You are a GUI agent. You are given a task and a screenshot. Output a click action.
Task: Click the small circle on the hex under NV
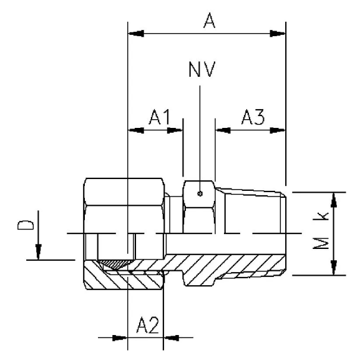click(x=199, y=194)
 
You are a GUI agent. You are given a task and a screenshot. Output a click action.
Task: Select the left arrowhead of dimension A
click(x=134, y=32)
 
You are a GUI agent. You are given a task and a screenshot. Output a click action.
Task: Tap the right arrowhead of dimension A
click(x=278, y=32)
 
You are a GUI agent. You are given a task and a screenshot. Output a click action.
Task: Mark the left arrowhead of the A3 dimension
click(x=223, y=130)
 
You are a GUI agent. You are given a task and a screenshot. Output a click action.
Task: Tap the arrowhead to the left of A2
click(x=120, y=339)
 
